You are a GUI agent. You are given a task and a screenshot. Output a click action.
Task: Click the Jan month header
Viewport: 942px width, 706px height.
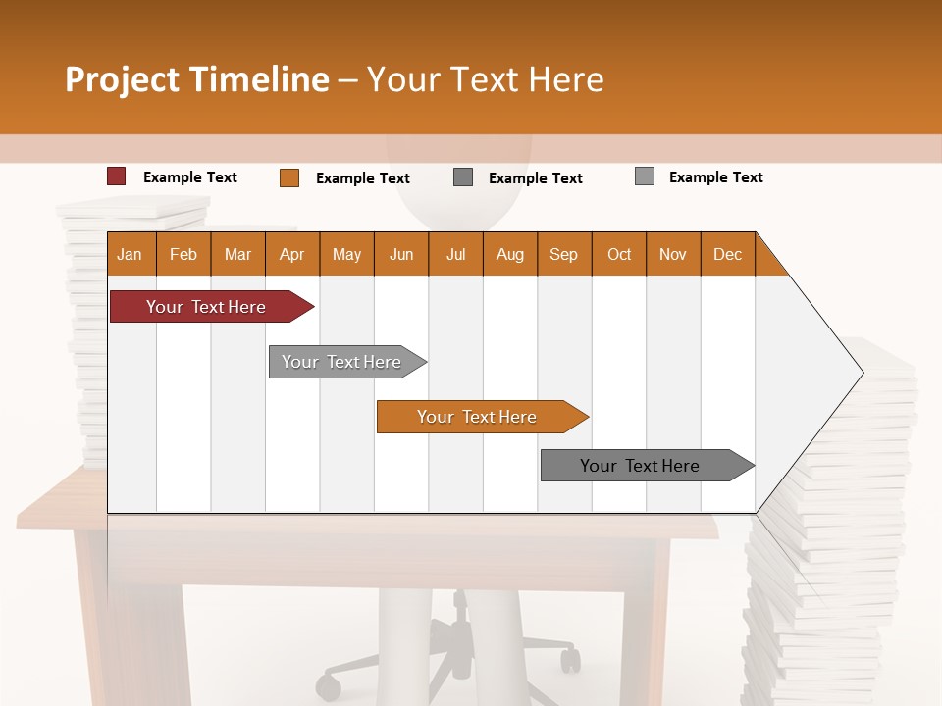click(x=130, y=254)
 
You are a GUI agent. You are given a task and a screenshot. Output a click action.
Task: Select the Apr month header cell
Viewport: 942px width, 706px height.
click(x=291, y=254)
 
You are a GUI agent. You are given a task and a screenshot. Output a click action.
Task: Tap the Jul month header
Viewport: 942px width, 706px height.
click(x=455, y=254)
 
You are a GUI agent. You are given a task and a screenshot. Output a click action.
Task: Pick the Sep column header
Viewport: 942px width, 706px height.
click(x=563, y=254)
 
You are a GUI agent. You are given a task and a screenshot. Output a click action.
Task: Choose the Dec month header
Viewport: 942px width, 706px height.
click(x=727, y=254)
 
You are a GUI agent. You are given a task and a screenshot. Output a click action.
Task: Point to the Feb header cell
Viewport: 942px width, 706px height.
click(x=183, y=254)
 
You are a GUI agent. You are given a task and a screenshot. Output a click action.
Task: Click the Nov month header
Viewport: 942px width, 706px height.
click(x=672, y=254)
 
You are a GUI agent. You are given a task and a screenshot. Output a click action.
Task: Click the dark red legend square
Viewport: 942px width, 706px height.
click(x=116, y=176)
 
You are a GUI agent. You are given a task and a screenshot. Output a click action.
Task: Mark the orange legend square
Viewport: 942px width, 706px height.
click(x=288, y=177)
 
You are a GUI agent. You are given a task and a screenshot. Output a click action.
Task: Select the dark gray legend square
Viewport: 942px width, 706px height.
click(x=463, y=177)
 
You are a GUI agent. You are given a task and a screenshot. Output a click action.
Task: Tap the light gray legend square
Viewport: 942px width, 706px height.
click(x=644, y=176)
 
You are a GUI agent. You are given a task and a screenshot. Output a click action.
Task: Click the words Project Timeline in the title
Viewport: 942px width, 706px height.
click(x=197, y=79)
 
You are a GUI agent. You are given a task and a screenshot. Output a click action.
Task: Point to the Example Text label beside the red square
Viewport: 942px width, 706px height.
click(x=190, y=177)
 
